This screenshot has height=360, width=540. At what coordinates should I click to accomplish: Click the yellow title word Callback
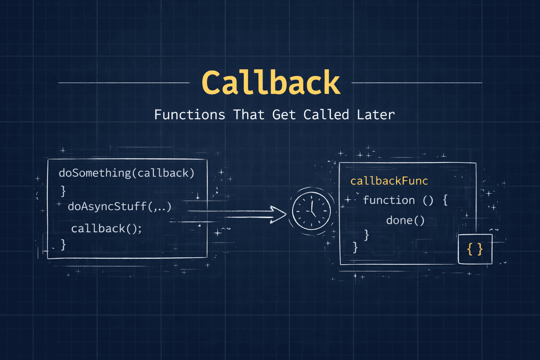tap(271, 83)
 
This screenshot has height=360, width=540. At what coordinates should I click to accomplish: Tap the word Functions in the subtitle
tap(189, 115)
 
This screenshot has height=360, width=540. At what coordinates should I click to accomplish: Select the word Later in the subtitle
tap(375, 115)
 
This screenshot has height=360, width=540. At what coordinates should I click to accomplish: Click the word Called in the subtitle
tap(326, 115)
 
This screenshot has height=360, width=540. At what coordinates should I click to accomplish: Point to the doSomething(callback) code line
tap(127, 173)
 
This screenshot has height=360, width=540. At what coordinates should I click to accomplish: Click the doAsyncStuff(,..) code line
tap(120, 206)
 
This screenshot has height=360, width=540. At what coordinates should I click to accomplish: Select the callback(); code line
tap(106, 229)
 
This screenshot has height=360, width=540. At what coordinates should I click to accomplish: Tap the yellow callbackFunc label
tap(389, 181)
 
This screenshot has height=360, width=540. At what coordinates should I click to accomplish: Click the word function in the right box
tap(389, 200)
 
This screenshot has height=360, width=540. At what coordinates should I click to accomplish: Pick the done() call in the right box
tap(405, 220)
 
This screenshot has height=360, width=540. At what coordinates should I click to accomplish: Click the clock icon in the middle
tap(311, 211)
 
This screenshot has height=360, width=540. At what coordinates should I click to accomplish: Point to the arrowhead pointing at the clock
tap(279, 214)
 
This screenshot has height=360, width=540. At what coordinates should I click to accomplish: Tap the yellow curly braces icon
tap(475, 249)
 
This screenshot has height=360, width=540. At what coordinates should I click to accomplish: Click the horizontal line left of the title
tap(124, 83)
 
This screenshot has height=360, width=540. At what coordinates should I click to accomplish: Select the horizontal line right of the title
tap(417, 83)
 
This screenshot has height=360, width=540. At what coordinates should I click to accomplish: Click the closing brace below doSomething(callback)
tap(63, 191)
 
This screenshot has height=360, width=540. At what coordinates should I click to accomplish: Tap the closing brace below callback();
tap(63, 245)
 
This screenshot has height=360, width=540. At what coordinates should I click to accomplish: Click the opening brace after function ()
tap(445, 200)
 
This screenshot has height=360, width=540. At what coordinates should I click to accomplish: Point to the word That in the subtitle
tap(249, 115)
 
